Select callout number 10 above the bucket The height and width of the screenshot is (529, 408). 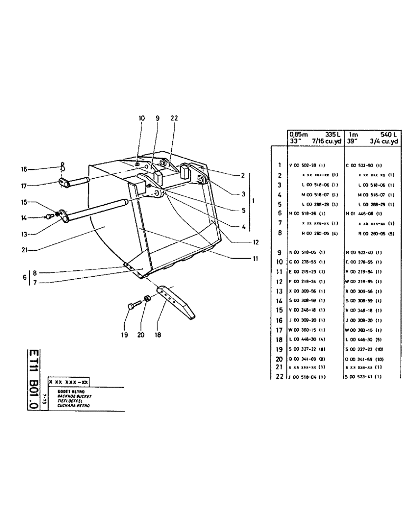(x=141, y=120)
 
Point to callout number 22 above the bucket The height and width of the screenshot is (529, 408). (x=174, y=120)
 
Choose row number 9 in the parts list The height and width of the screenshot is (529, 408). (x=279, y=252)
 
